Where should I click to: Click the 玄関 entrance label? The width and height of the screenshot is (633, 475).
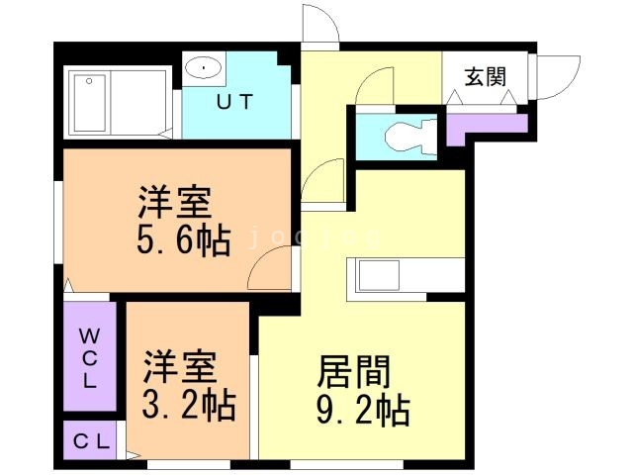(485, 77)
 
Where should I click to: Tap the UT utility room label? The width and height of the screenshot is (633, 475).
(234, 102)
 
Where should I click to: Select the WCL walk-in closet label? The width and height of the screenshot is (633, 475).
(88, 358)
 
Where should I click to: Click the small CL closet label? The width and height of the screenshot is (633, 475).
(91, 441)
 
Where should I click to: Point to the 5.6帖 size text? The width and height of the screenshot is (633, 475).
(184, 239)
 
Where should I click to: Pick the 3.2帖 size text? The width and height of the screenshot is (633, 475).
(189, 404)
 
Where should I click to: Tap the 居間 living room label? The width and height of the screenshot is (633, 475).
(354, 371)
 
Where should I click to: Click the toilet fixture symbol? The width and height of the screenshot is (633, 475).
(410, 137)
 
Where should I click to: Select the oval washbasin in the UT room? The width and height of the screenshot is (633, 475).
(204, 68)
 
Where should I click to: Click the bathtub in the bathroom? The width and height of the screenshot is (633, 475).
(90, 103)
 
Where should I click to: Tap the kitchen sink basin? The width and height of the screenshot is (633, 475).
(379, 275)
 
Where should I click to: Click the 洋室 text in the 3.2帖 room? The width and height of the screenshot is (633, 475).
(180, 367)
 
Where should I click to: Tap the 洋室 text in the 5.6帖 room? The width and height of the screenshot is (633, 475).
(175, 202)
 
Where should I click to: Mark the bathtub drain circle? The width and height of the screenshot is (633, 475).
(89, 81)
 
